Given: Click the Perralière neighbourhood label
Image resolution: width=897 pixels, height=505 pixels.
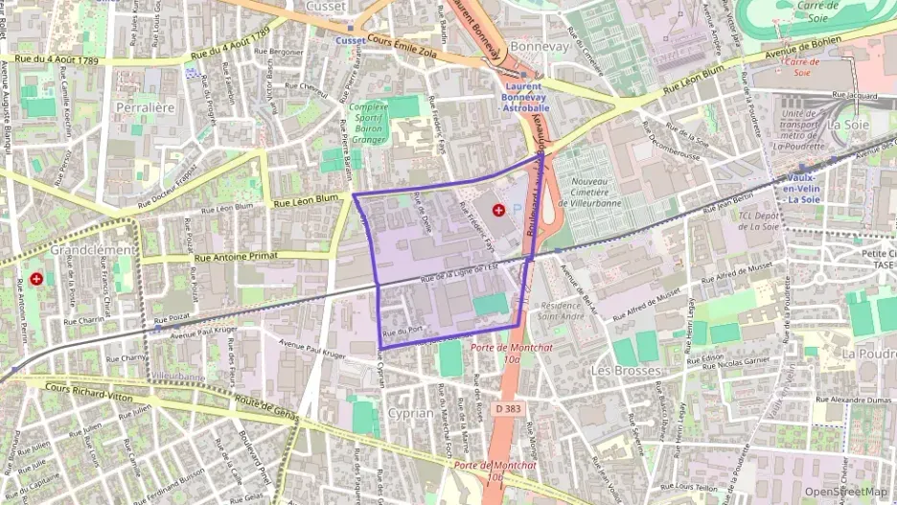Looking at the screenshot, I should [x=145, y=108].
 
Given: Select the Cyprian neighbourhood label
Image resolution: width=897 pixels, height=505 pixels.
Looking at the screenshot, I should [x=410, y=412].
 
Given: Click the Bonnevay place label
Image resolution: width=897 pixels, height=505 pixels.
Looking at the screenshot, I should [x=540, y=46].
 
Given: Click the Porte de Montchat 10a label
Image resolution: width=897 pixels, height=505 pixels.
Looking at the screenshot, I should [x=502, y=353].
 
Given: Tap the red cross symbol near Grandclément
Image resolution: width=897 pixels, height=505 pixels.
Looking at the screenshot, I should [x=36, y=279].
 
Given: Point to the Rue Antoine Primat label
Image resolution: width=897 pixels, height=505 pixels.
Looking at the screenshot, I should [x=240, y=257].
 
